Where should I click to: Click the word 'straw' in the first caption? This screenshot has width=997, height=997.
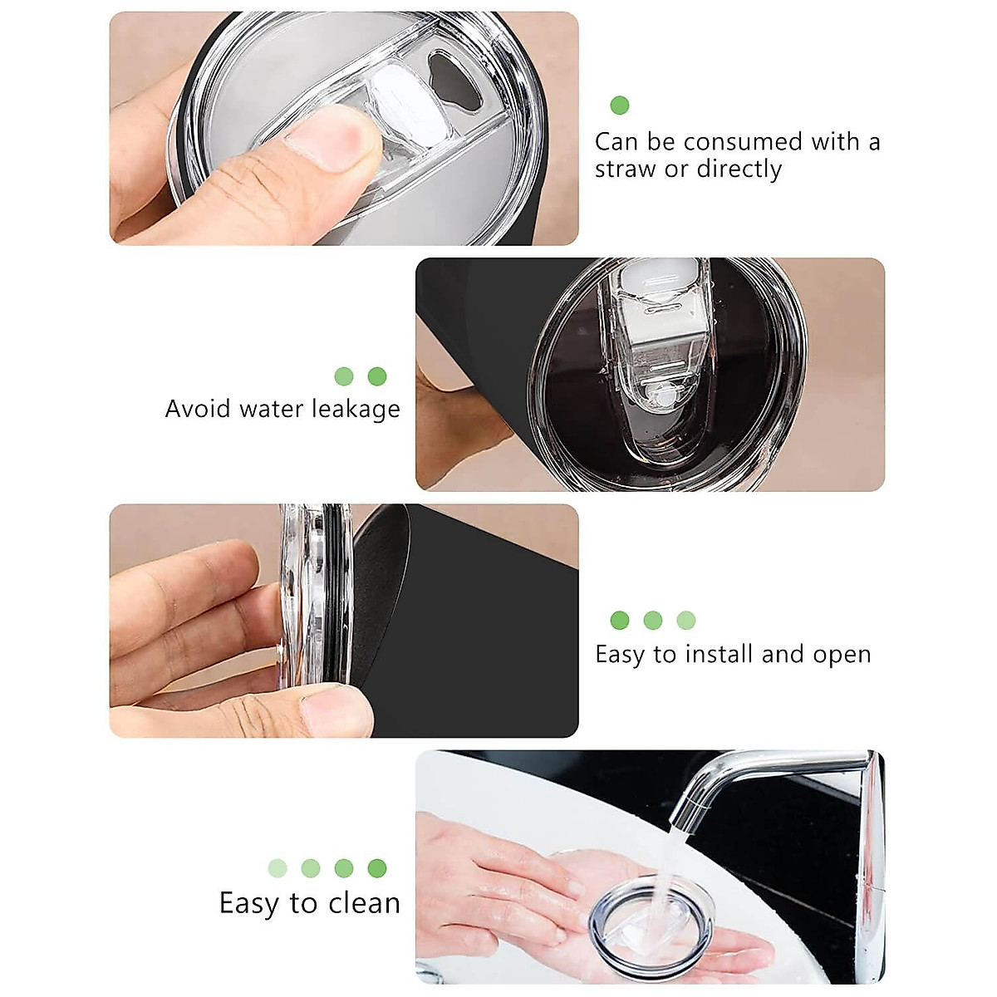point(626,169)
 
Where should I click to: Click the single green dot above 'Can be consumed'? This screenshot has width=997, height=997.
point(620,106)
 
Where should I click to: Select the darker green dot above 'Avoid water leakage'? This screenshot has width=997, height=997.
point(377,376)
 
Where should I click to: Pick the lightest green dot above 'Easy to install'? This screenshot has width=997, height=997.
point(686,620)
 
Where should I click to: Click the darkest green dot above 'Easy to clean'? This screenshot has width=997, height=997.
point(377,868)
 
